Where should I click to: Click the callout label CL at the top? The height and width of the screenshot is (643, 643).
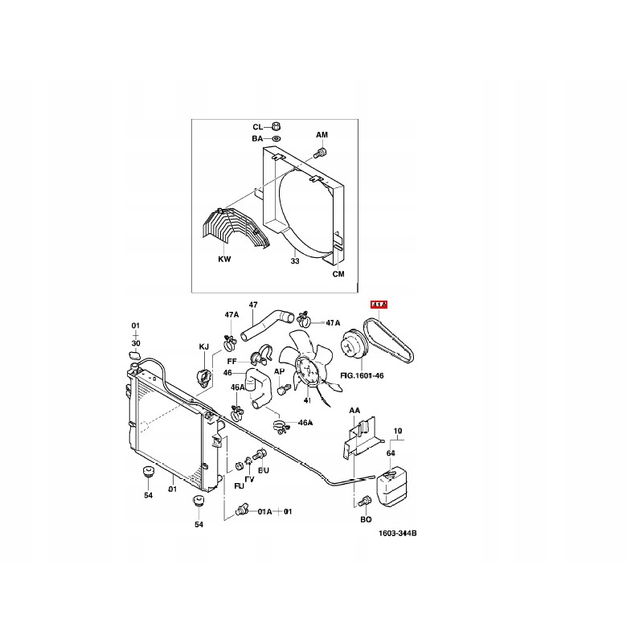click(258, 127)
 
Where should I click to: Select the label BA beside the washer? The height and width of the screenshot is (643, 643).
click(258, 139)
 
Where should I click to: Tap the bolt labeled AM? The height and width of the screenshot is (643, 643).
click(321, 152)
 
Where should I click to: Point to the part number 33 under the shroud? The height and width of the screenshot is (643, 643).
click(294, 260)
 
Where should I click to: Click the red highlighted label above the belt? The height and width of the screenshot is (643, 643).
click(378, 305)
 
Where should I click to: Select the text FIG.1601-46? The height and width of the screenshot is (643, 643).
click(362, 375)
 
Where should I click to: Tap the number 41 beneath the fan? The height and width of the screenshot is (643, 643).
click(306, 400)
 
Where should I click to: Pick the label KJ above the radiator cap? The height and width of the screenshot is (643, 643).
click(203, 346)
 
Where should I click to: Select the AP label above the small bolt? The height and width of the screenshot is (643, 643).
click(280, 371)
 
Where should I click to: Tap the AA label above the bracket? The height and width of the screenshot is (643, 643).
click(354, 411)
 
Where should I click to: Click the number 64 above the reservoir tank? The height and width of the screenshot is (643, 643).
click(391, 454)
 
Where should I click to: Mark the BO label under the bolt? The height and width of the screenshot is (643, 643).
click(366, 520)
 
